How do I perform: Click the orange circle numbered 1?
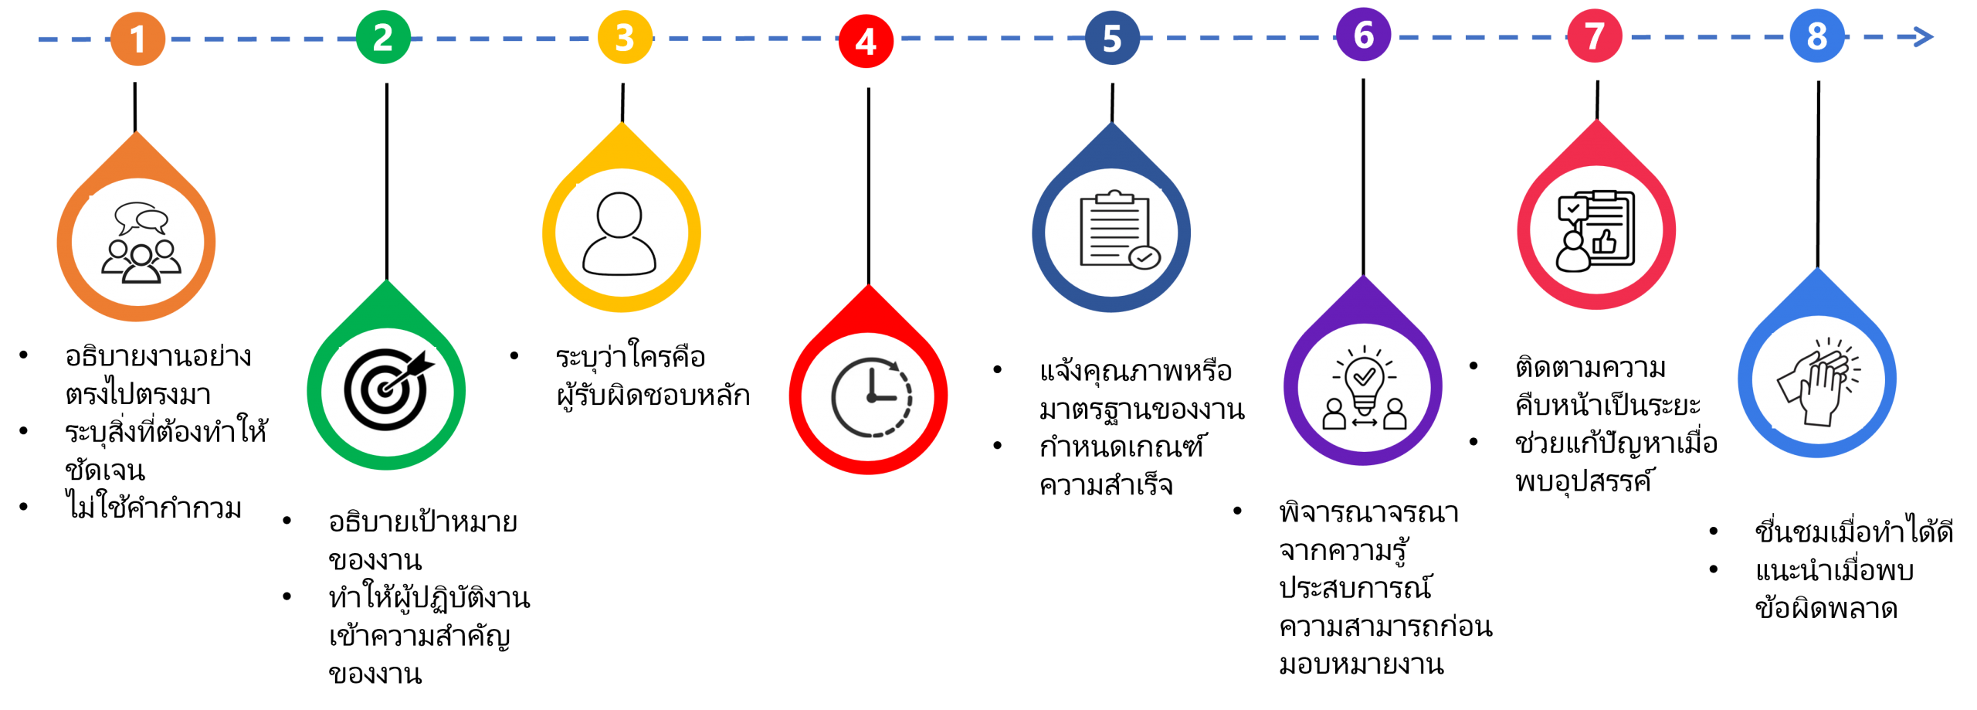point(137,39)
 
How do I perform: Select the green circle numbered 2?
point(383,37)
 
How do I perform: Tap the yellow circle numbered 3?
point(625,37)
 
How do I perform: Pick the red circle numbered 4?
point(866,41)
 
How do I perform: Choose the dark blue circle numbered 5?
point(1112,38)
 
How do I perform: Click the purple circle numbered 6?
point(1363,35)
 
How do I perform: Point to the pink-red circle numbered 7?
point(1594,36)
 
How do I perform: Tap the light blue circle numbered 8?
point(1817,36)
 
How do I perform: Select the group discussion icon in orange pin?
point(141,243)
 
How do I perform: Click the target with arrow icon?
point(388,389)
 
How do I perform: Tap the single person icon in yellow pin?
point(619,233)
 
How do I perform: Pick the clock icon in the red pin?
point(871,397)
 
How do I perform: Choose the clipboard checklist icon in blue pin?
point(1118,229)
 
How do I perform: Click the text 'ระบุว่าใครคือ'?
point(630,356)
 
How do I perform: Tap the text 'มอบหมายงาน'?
point(1361,664)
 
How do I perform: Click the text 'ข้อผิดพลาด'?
point(1826,607)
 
